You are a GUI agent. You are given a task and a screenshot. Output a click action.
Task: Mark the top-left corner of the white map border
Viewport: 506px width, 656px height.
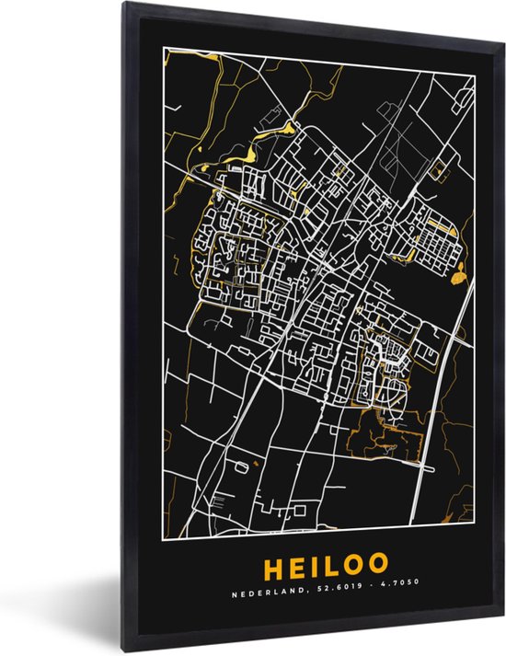(x=165, y=47)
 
